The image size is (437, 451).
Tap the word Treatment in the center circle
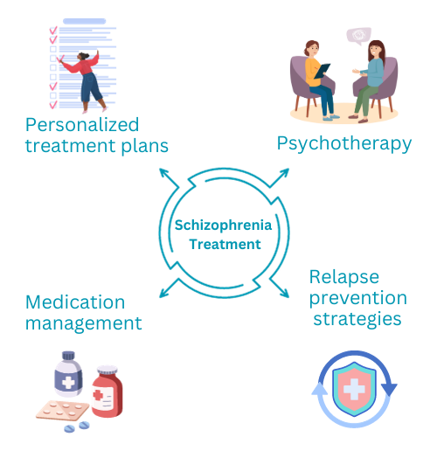point(225,244)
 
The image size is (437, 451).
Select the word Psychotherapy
point(344,143)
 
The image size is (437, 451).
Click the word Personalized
point(82,126)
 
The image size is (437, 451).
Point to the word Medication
point(75,302)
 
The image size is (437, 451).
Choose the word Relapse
point(344,276)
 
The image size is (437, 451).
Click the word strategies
point(357,319)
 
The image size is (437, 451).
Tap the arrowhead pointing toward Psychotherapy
point(284,172)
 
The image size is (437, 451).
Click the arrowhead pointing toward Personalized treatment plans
point(164,173)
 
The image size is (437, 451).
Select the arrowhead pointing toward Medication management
point(164,293)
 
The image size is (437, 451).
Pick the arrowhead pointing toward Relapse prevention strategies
point(284,293)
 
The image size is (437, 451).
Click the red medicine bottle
point(107,392)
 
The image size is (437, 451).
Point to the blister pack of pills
point(62,410)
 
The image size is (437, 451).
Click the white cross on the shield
point(354,389)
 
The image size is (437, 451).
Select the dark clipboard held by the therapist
point(323,71)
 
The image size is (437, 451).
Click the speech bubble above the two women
point(359,36)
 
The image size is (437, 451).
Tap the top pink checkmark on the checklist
point(53,30)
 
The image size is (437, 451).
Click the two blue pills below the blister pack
point(77,427)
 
